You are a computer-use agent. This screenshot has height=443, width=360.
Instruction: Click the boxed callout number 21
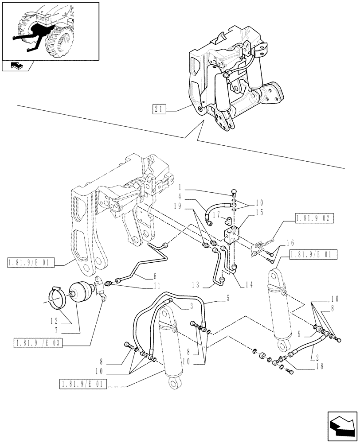tap(159, 109)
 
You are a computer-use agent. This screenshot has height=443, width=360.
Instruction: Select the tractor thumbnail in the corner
tap(50, 31)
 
